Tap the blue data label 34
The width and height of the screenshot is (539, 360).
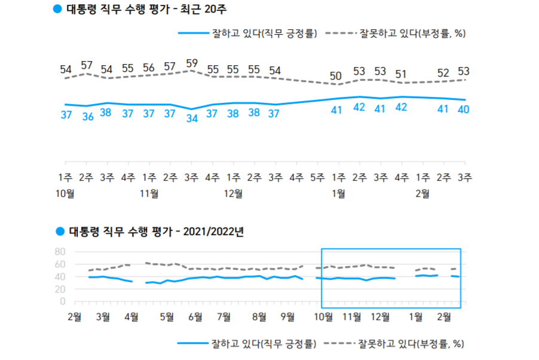pos(191,118)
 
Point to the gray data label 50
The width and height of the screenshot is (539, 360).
pos(337,76)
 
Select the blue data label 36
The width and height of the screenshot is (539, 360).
pos(87,115)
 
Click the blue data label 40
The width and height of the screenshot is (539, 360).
pos(463,109)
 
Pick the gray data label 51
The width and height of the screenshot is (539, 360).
pos(401,74)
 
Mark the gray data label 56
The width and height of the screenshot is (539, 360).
pos(149,68)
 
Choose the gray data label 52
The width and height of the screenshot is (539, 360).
pos(443,73)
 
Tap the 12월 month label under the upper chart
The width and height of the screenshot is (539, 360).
pos(233,193)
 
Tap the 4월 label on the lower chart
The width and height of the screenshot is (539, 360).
pos(131,316)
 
